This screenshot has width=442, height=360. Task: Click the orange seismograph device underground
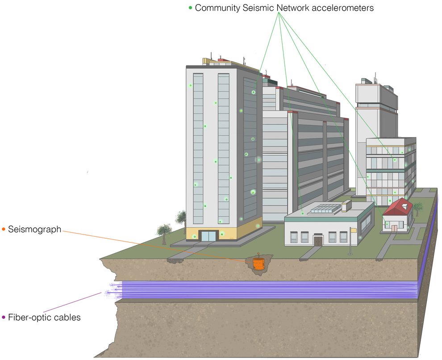click(259, 264)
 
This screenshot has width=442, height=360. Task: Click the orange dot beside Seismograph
click(4, 230)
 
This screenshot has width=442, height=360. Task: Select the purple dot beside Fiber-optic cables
click(4, 318)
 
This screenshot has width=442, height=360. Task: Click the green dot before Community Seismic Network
click(191, 8)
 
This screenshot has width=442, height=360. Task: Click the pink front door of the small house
click(394, 228)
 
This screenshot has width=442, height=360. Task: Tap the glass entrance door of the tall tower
click(208, 236)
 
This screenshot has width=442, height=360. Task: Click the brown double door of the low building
click(318, 240)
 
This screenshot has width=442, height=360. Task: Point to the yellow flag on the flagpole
click(354, 230)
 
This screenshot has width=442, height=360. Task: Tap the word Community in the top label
click(219, 8)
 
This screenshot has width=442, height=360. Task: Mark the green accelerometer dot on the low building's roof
click(302, 213)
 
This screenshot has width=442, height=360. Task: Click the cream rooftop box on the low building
click(346, 205)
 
